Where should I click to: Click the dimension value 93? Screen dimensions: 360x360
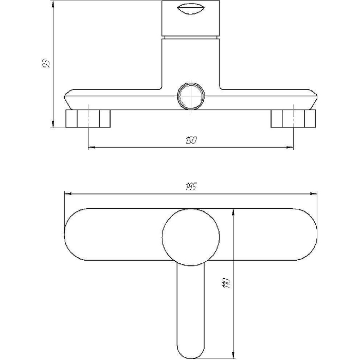click(x=46, y=64)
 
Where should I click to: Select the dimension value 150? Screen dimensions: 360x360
click(x=191, y=140)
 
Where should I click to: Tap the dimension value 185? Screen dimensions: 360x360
click(x=191, y=187)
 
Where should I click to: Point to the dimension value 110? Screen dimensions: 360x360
click(x=226, y=283)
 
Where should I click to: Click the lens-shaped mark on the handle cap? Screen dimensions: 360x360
click(x=191, y=9)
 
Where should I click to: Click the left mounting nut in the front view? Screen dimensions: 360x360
click(x=88, y=118)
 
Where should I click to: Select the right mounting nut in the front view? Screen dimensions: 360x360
click(x=293, y=118)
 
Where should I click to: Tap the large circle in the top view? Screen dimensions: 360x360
click(x=191, y=237)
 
